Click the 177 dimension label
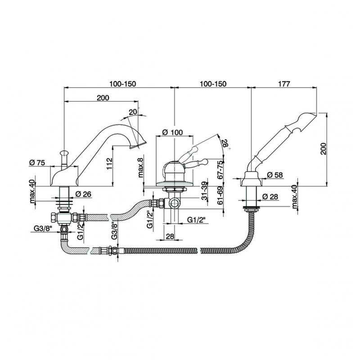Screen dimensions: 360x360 click(284, 84)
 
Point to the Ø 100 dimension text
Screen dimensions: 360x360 click(172, 132)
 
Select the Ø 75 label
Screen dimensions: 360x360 click(37, 163)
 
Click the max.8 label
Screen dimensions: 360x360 click(140, 166)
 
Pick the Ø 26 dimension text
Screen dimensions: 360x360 click(83, 194)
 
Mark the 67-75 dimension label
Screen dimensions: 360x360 click(220, 170)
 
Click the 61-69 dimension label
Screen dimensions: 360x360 click(220, 195)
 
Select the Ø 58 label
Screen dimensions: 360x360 click(275, 175)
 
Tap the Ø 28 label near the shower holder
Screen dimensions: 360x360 click(270, 197)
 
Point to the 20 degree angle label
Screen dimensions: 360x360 click(133, 112)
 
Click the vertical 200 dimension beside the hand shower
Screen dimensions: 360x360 click(323, 148)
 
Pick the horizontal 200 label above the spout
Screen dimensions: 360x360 click(103, 98)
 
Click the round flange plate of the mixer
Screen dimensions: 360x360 click(175, 184)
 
